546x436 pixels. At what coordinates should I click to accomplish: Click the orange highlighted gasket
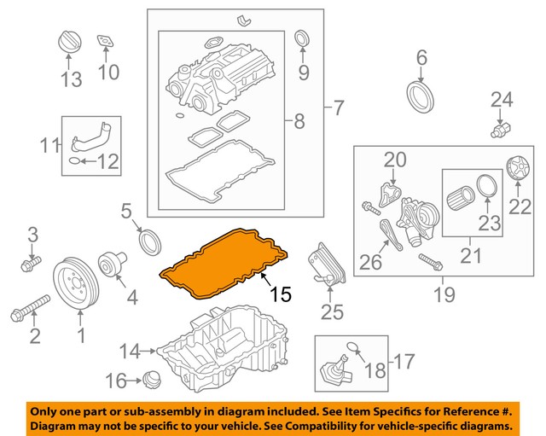click(227, 259)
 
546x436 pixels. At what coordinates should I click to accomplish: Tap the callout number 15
click(281, 295)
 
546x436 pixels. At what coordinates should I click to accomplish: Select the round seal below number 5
click(150, 241)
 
